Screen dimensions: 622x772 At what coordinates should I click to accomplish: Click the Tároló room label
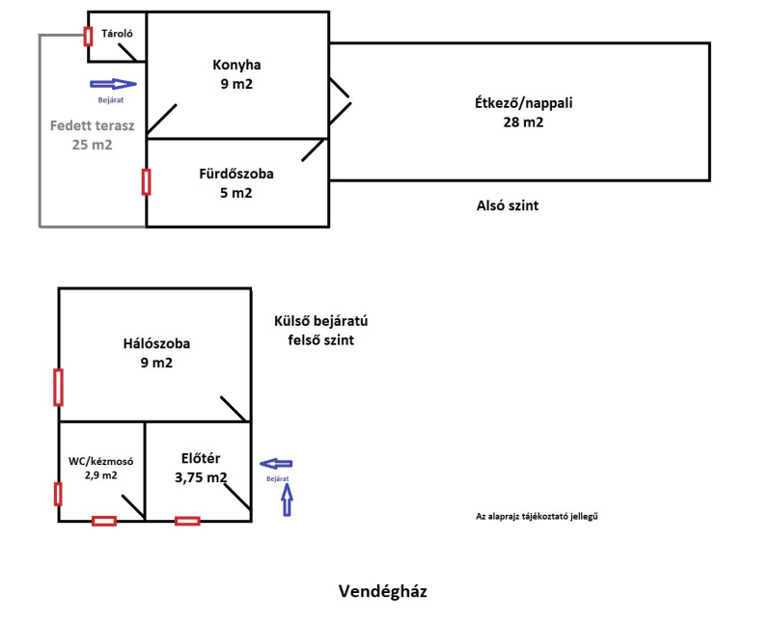pos(117,34)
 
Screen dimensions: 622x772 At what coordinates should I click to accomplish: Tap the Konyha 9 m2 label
pos(236,74)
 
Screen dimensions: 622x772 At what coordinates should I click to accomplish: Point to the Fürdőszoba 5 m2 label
pos(236,183)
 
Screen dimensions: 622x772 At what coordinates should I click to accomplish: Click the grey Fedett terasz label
pos(92,134)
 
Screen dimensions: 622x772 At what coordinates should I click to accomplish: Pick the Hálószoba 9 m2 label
pos(156,353)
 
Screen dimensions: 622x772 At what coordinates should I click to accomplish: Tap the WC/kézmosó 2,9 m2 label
pos(100,468)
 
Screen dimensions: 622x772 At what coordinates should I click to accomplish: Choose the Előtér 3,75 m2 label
pos(202,468)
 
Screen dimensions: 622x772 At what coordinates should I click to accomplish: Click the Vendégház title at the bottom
pos(382,589)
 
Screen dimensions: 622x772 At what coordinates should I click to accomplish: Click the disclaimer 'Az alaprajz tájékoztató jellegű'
pos(544,517)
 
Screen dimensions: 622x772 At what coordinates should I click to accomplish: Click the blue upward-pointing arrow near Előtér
pos(287,500)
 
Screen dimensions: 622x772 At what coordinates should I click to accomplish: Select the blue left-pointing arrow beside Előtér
pos(277,465)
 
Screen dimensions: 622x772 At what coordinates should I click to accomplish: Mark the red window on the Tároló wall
pos(88,37)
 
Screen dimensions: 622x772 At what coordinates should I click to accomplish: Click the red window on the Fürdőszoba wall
pos(146,181)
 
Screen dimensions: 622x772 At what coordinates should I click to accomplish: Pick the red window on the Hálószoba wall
pos(58,387)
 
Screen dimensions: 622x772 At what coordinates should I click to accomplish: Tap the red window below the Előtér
pos(187,521)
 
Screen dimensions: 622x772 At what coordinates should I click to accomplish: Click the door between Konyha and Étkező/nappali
pos(339,101)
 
